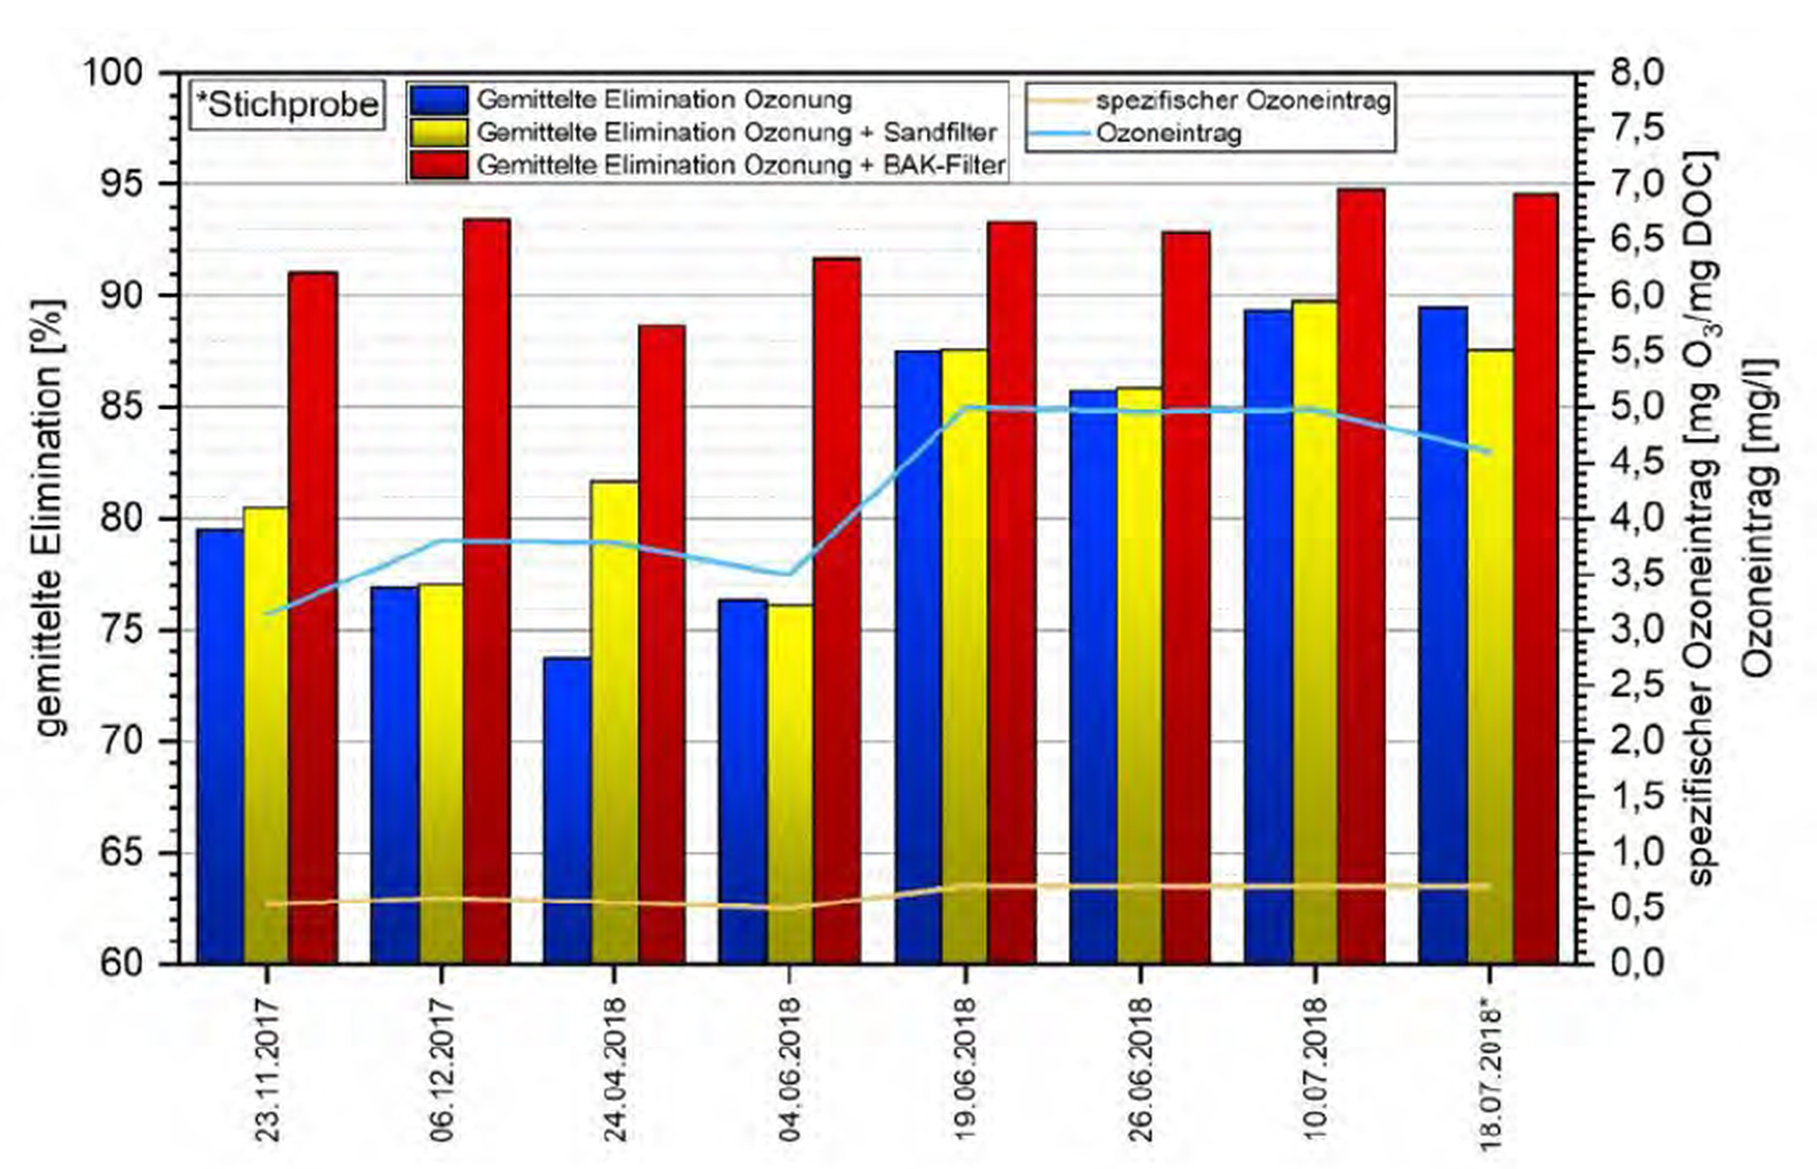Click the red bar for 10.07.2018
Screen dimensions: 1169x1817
1361,577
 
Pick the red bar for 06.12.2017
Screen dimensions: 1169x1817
487,592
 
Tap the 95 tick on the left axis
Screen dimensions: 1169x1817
122,185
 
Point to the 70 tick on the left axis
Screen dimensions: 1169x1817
122,742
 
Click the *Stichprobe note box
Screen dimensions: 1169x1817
287,105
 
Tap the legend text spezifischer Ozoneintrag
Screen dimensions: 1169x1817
1243,100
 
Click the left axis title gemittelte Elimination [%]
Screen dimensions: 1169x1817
52,516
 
